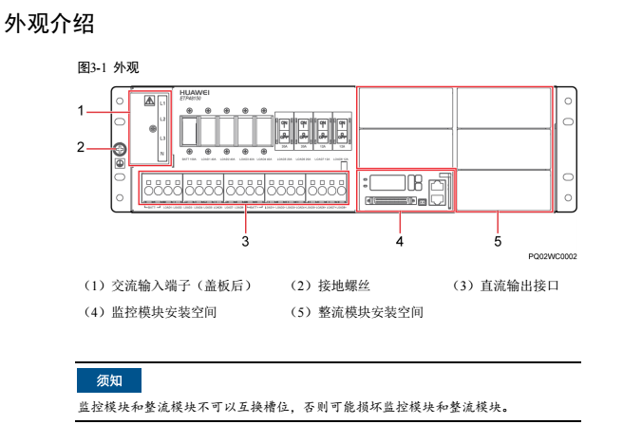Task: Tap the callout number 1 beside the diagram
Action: [x=83, y=111]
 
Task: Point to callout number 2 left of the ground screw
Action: [x=83, y=147]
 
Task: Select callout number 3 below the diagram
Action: [x=245, y=241]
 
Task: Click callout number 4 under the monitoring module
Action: [x=400, y=241]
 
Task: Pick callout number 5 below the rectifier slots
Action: [x=498, y=241]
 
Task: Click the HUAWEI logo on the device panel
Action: [x=195, y=92]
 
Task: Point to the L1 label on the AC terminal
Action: [x=163, y=101]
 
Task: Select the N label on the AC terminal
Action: [x=163, y=154]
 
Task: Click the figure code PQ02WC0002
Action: [x=553, y=256]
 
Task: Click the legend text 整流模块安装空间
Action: [x=368, y=312]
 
